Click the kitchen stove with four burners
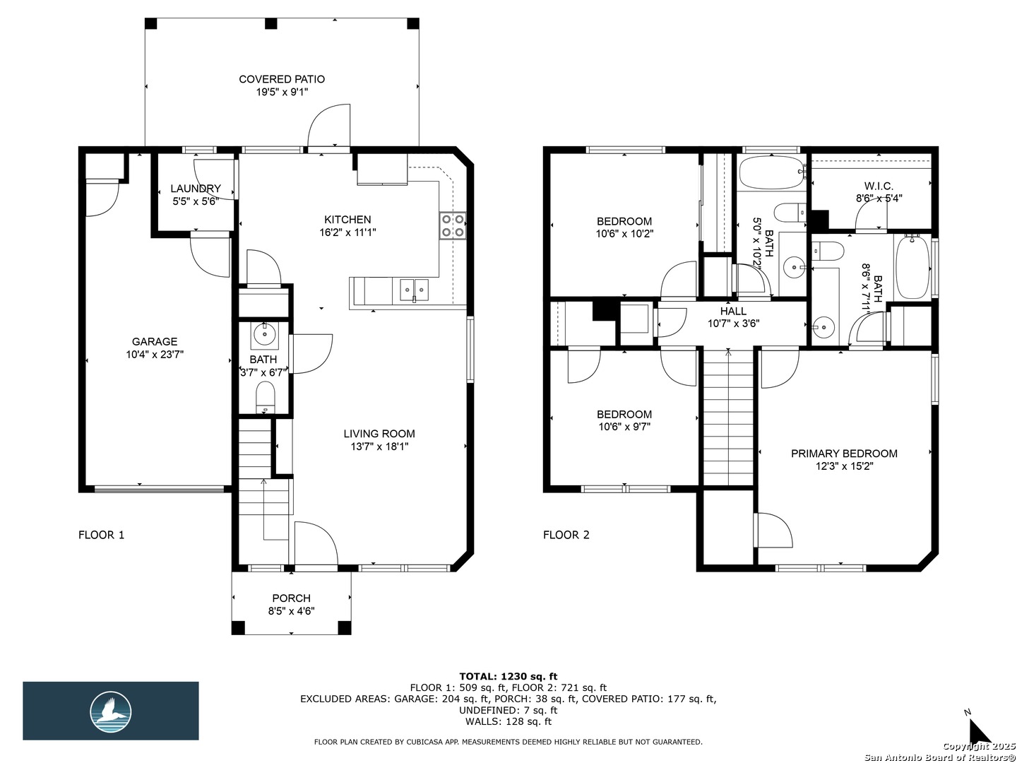coord(452,225)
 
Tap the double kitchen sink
coord(414,290)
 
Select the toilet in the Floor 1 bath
coord(266,396)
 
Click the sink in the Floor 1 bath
coord(265,335)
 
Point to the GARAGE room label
coord(155,341)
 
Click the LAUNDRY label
coord(196,189)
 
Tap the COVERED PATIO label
coord(282,79)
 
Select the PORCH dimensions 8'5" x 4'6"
coord(292,611)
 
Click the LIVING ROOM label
coord(379,434)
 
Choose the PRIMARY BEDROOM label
coord(844,454)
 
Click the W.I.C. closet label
coord(879,187)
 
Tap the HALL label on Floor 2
coord(734,311)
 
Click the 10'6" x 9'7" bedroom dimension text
coord(624,427)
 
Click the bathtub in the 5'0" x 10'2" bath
coord(773,172)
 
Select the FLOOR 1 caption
coord(102,535)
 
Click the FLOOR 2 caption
coord(566,535)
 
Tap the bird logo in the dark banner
coord(111,712)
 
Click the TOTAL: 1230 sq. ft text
coord(509,676)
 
